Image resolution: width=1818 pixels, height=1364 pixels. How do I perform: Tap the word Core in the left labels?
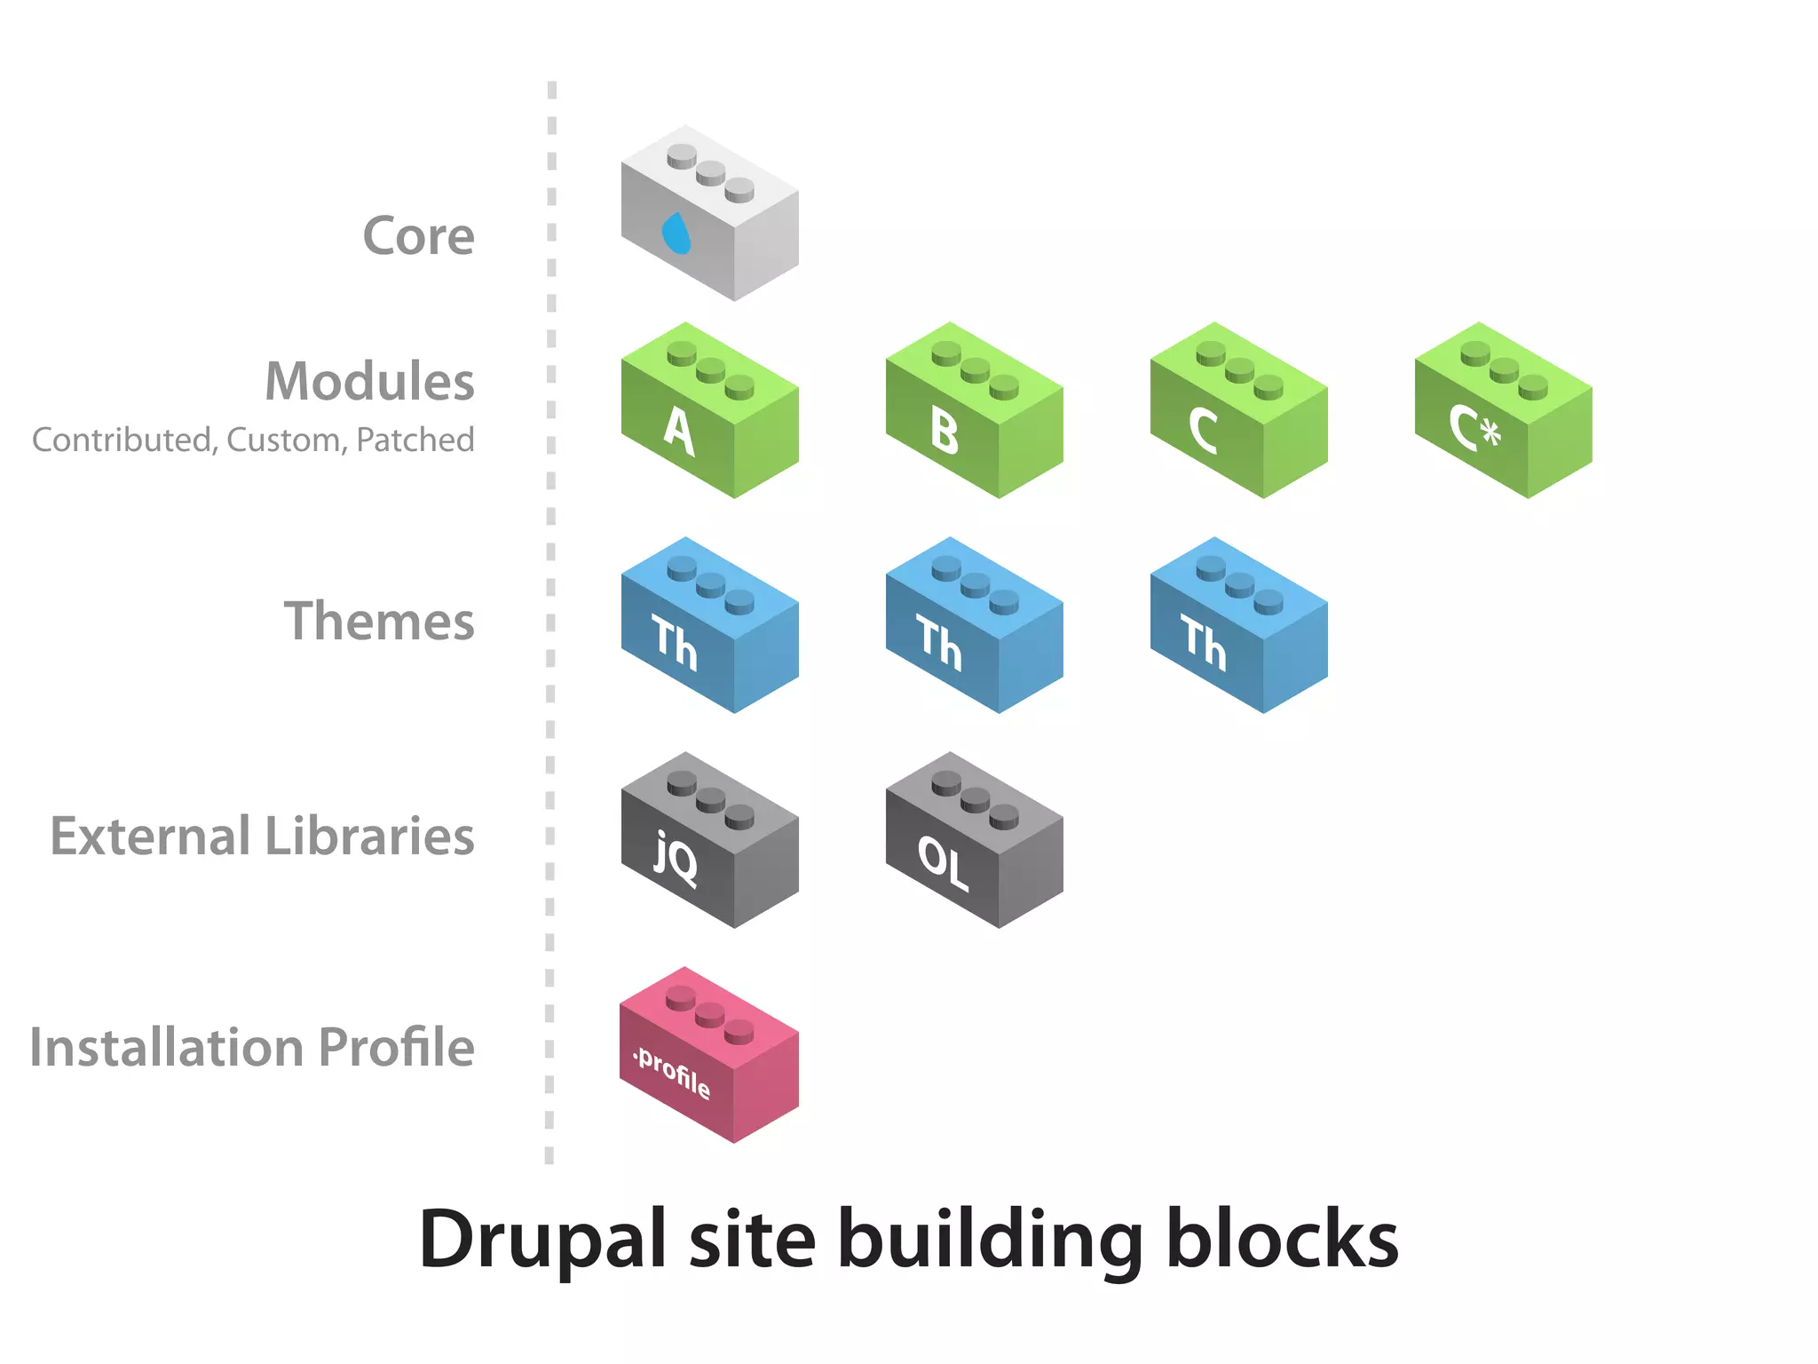click(418, 236)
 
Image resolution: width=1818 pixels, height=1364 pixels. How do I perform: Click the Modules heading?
click(369, 382)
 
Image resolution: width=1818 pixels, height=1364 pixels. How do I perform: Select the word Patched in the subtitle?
click(415, 440)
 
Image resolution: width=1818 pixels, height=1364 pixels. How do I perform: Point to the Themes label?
click(379, 621)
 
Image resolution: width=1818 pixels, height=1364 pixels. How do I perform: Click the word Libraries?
click(369, 837)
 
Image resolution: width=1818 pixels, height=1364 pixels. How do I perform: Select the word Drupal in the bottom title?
click(541, 1241)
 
